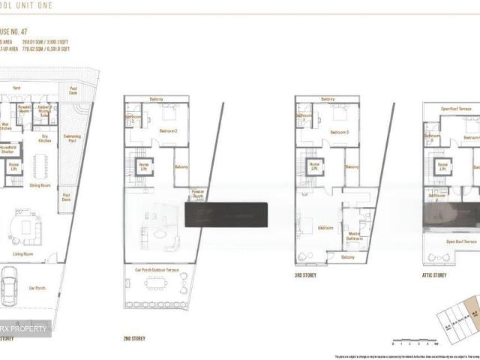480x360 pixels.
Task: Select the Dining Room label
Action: (40, 184)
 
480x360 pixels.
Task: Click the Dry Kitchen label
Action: (45, 138)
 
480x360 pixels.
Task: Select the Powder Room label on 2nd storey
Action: (198, 193)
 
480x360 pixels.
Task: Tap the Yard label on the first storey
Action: (17, 97)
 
